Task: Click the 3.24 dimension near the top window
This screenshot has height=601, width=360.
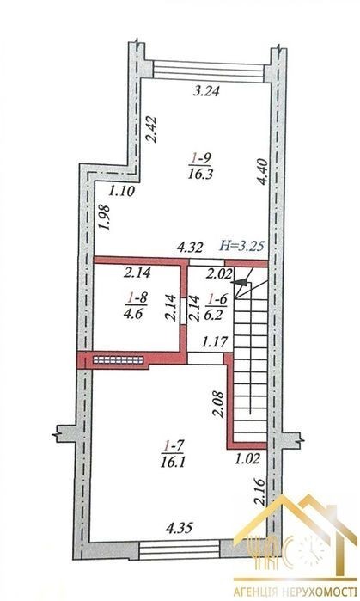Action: pyautogui.click(x=206, y=91)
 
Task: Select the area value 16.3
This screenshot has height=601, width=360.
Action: pyautogui.click(x=200, y=174)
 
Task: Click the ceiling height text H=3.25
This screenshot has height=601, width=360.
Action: pyautogui.click(x=242, y=246)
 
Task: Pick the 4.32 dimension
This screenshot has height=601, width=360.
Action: pyautogui.click(x=189, y=248)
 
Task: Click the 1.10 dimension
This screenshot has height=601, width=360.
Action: pyautogui.click(x=122, y=191)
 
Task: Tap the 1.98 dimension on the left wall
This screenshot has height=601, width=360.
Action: pyautogui.click(x=105, y=218)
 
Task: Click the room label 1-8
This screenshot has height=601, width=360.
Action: pyautogui.click(x=137, y=297)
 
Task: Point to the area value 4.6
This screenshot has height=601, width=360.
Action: pyautogui.click(x=133, y=314)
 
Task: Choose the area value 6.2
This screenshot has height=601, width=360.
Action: pyautogui.click(x=217, y=314)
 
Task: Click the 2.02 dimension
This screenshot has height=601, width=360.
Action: pyautogui.click(x=219, y=274)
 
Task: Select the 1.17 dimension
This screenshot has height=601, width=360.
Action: pyautogui.click(x=216, y=340)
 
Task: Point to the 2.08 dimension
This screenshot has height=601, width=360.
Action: pyautogui.click(x=217, y=403)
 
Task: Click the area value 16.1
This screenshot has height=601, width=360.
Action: pyautogui.click(x=174, y=463)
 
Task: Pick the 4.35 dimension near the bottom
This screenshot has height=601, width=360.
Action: pyautogui.click(x=179, y=528)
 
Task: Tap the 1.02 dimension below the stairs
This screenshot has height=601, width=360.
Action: pyautogui.click(x=247, y=459)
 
